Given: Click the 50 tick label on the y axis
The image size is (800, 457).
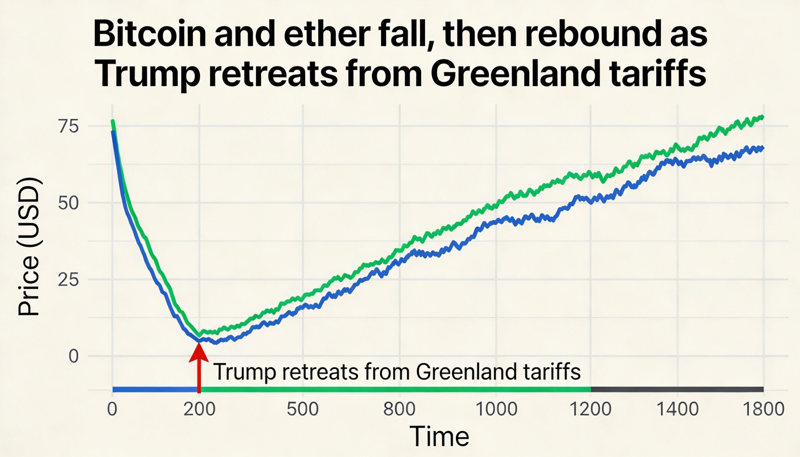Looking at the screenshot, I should point(68,203).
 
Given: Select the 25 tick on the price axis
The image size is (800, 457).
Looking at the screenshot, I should point(68,280).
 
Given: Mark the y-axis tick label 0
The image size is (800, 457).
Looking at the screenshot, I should point(73,356).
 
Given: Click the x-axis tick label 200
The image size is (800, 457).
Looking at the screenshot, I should point(199,409).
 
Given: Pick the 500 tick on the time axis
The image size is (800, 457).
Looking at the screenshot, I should point(303,409).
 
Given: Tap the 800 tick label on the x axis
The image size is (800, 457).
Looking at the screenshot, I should point(399,409).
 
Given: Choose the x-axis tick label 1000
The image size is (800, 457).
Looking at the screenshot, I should point(496,409).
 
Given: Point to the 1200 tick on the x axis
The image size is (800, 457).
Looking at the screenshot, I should point(591,409).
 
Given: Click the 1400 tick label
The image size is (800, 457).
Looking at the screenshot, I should point(678,409).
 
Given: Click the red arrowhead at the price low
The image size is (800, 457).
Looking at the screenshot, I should point(199,353).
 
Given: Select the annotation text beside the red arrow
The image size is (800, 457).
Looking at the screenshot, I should point(397,372).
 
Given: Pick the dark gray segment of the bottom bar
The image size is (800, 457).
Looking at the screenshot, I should point(677,390).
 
